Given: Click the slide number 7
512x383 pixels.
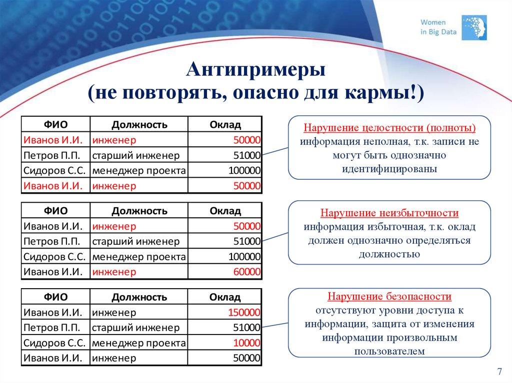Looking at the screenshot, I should pos(499,371).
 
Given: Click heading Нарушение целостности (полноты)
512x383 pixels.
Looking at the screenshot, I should pos(389,127).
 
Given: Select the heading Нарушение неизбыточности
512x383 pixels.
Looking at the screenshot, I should pos(389,213).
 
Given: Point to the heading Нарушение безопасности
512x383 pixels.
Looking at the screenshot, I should pos(389,297).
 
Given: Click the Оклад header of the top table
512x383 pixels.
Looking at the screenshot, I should pos(225,124).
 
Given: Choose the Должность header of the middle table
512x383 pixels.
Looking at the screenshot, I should pos(139,211).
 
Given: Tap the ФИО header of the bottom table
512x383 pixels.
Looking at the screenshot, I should pos(55,297).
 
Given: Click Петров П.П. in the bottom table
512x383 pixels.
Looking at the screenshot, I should pos(51,328).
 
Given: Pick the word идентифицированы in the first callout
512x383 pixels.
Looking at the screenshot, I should pos(389,169).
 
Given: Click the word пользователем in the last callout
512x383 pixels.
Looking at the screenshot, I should pos(389,351).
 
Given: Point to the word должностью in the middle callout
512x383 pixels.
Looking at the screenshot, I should pos(389,254).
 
